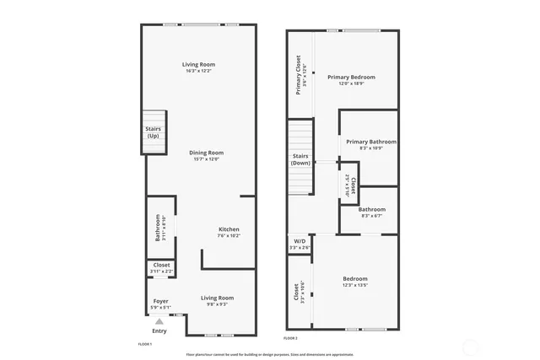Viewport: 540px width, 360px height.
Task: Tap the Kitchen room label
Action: coord(229,229)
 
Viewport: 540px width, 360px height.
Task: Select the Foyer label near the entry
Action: coord(160,301)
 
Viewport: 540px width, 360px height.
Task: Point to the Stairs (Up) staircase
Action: coord(154,132)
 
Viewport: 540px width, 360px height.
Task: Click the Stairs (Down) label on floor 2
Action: coord(300,159)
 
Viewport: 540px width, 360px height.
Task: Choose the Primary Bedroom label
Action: coord(351,77)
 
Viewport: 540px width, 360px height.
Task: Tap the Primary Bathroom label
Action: coord(371,142)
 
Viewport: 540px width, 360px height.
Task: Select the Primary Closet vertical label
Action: coord(298,74)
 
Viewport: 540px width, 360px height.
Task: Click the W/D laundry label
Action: coord(299,240)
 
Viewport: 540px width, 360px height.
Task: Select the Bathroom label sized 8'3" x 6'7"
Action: coord(371,209)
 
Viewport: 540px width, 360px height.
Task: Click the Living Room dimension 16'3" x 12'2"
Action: coord(199,72)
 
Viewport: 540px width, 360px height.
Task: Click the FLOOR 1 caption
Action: coord(144,345)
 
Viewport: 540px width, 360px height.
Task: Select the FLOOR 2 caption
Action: coord(290,338)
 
